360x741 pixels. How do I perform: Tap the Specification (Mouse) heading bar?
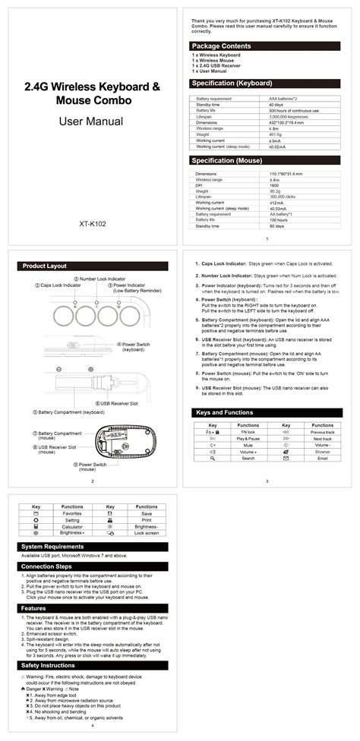click(227, 161)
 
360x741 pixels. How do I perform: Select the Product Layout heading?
click(45, 266)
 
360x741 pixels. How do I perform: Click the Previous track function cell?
click(322, 432)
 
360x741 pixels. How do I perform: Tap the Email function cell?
click(322, 459)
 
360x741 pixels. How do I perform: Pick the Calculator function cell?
click(72, 527)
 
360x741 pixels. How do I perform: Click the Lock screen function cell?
click(147, 534)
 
